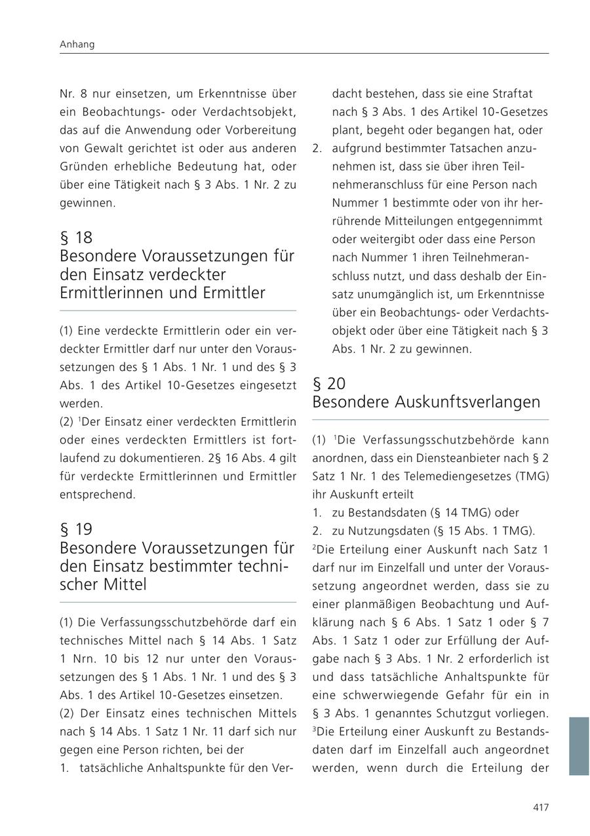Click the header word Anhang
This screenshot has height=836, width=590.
77,45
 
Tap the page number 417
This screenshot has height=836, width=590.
540,807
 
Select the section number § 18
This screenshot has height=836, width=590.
76,237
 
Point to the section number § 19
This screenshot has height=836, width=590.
76,529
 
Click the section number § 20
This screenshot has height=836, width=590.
329,383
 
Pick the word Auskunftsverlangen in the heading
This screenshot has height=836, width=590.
468,402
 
